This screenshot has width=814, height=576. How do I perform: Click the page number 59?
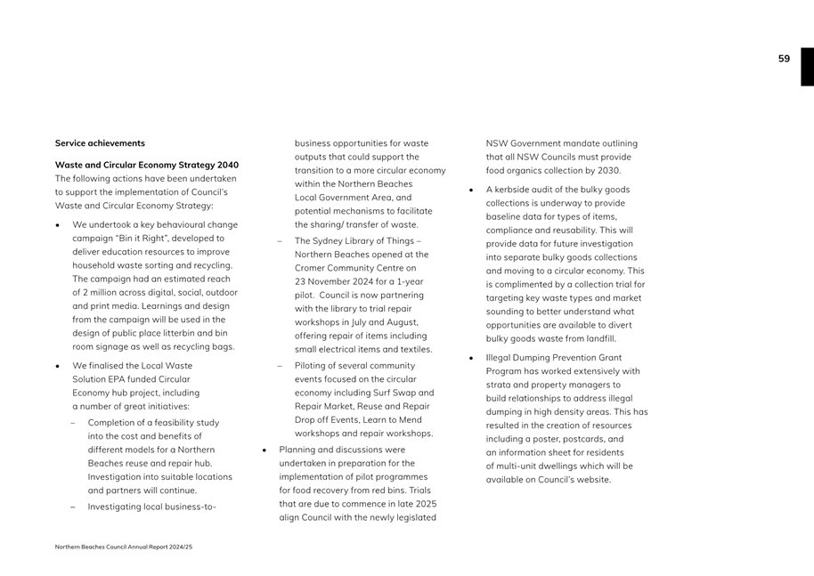784,59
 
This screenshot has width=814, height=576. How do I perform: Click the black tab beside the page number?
807,67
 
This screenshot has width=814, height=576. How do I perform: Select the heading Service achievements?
100,143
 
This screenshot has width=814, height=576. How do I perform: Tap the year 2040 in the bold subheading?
226,165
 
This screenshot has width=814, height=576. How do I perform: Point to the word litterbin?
181,333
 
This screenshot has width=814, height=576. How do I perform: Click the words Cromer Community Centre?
355,267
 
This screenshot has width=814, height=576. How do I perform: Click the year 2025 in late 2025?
425,504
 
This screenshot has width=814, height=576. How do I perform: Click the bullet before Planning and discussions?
266,450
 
